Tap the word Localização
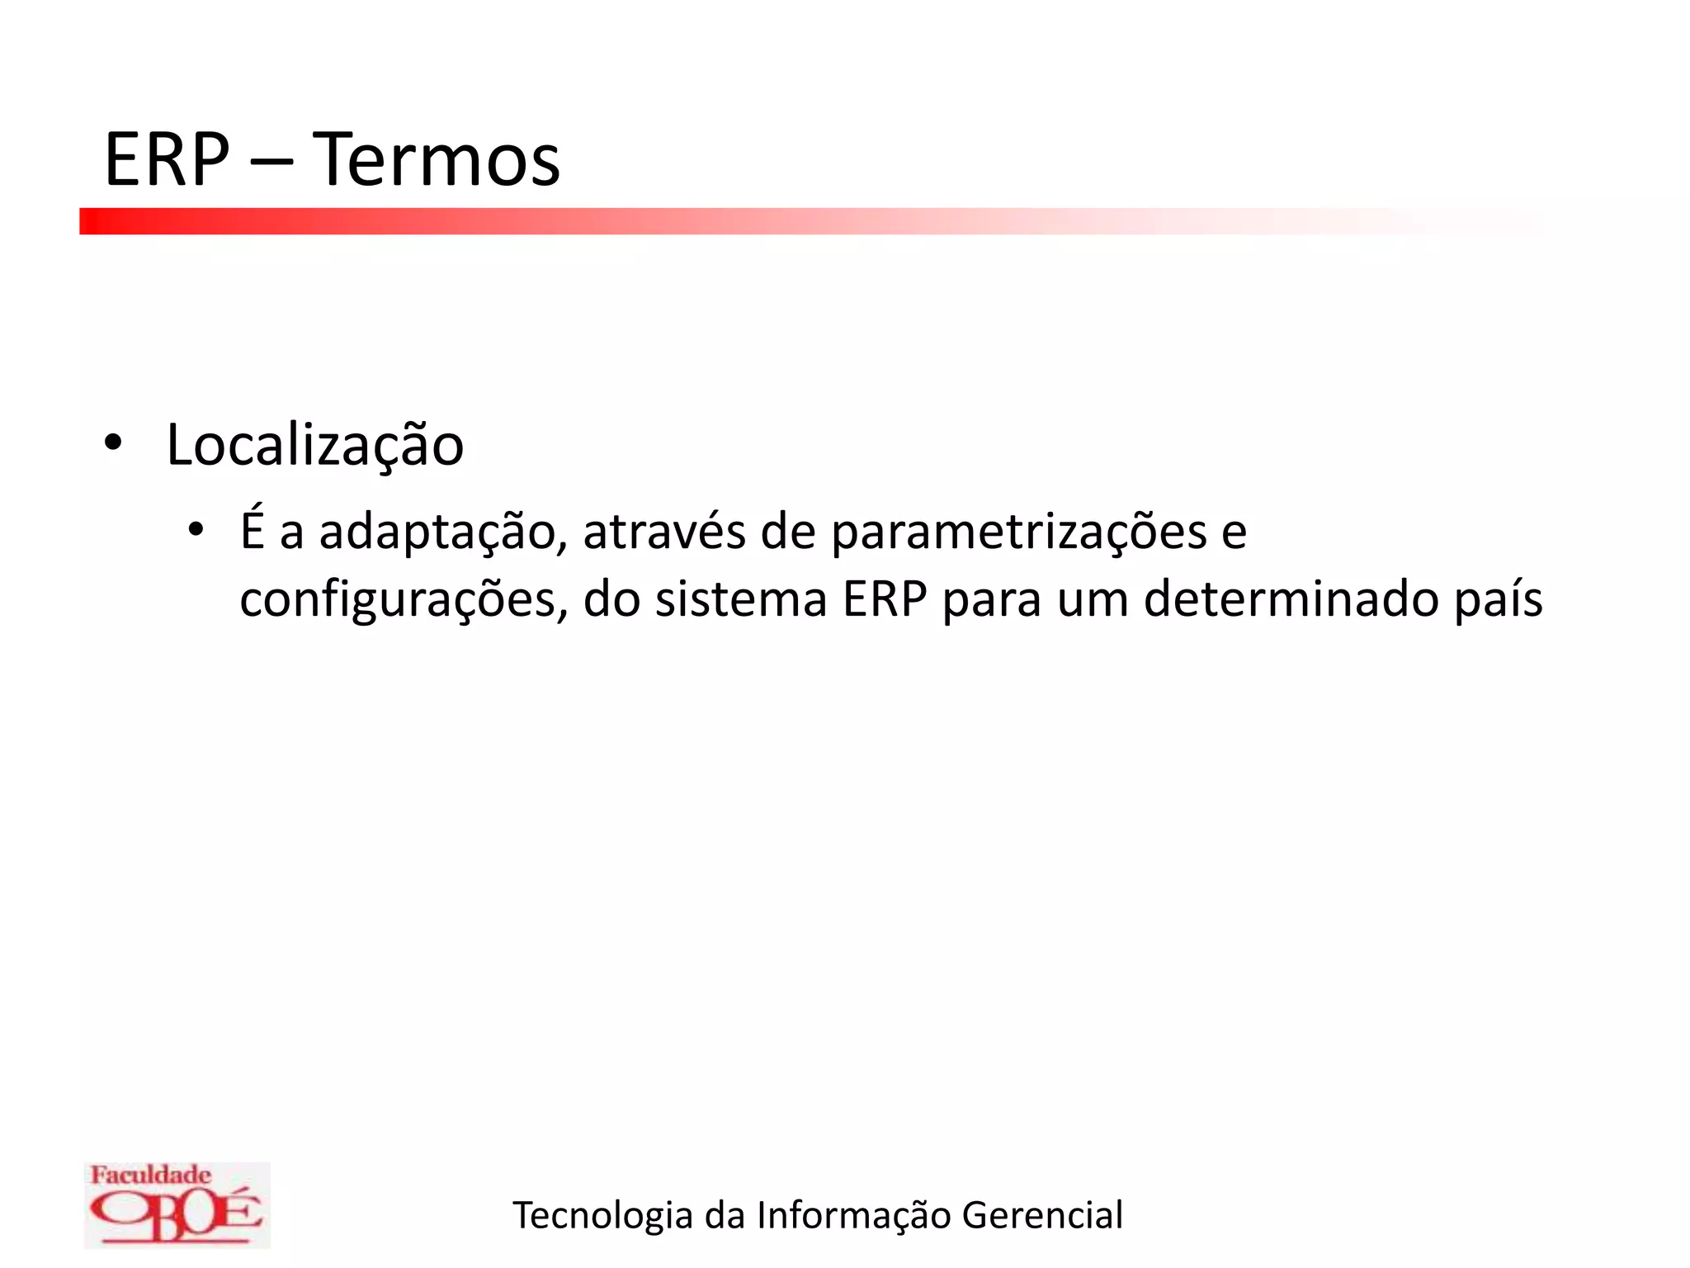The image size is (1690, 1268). coord(315,446)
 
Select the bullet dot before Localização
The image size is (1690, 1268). coord(113,444)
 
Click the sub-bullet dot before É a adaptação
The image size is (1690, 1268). coord(195,529)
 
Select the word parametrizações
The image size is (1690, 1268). coord(1018,532)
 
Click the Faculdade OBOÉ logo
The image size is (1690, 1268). coord(177,1204)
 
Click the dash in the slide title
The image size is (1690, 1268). coord(271,162)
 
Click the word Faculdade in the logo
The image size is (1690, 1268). coord(150,1175)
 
